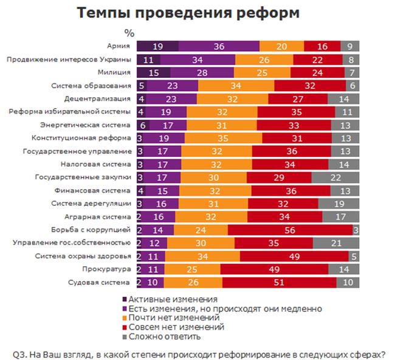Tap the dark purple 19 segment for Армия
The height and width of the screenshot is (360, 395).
(157, 46)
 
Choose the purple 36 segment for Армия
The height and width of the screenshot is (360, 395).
(219, 46)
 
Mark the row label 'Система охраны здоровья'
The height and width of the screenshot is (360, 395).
(91, 256)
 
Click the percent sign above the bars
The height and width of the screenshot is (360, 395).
(129, 32)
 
